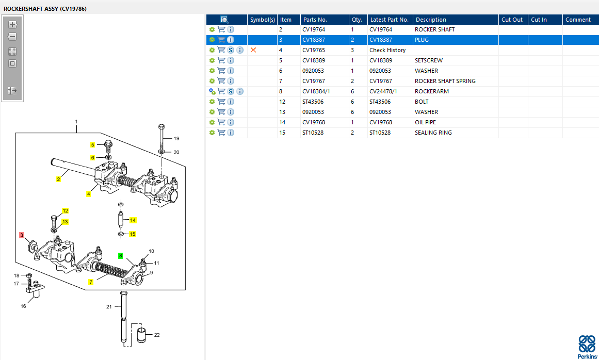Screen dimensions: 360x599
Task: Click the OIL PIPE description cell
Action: pyautogui.click(x=425, y=122)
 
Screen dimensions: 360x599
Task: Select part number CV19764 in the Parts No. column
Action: pyautogui.click(x=314, y=29)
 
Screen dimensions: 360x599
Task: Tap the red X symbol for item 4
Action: pyautogui.click(x=253, y=50)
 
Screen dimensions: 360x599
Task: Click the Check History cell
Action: pyautogui.click(x=387, y=50)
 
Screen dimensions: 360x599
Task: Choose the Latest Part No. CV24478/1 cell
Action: pyautogui.click(x=383, y=91)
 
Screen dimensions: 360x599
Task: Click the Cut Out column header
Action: pyautogui.click(x=512, y=20)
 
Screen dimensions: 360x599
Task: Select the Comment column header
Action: pyautogui.click(x=578, y=20)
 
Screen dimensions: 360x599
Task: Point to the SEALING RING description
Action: pyautogui.click(x=433, y=133)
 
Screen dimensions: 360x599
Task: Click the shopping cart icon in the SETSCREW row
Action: pyautogui.click(x=221, y=60)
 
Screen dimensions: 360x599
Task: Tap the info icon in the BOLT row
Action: pyautogui.click(x=231, y=102)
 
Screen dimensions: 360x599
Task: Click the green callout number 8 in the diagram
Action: pyautogui.click(x=121, y=255)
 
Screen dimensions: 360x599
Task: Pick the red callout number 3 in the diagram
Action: pyautogui.click(x=22, y=235)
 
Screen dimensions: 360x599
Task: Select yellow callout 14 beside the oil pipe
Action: pyautogui.click(x=133, y=220)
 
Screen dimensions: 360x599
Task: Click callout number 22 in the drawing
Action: pyautogui.click(x=157, y=335)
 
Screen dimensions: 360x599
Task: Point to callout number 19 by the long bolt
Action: pyautogui.click(x=176, y=138)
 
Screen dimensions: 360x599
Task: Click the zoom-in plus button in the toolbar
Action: pyautogui.click(x=12, y=25)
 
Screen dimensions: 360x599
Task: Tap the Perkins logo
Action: pyautogui.click(x=587, y=346)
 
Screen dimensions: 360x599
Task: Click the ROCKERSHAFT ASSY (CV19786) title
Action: pyautogui.click(x=45, y=9)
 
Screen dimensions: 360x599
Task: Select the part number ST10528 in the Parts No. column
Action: pyautogui.click(x=313, y=133)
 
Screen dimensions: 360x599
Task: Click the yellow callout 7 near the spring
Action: pyautogui.click(x=91, y=282)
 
